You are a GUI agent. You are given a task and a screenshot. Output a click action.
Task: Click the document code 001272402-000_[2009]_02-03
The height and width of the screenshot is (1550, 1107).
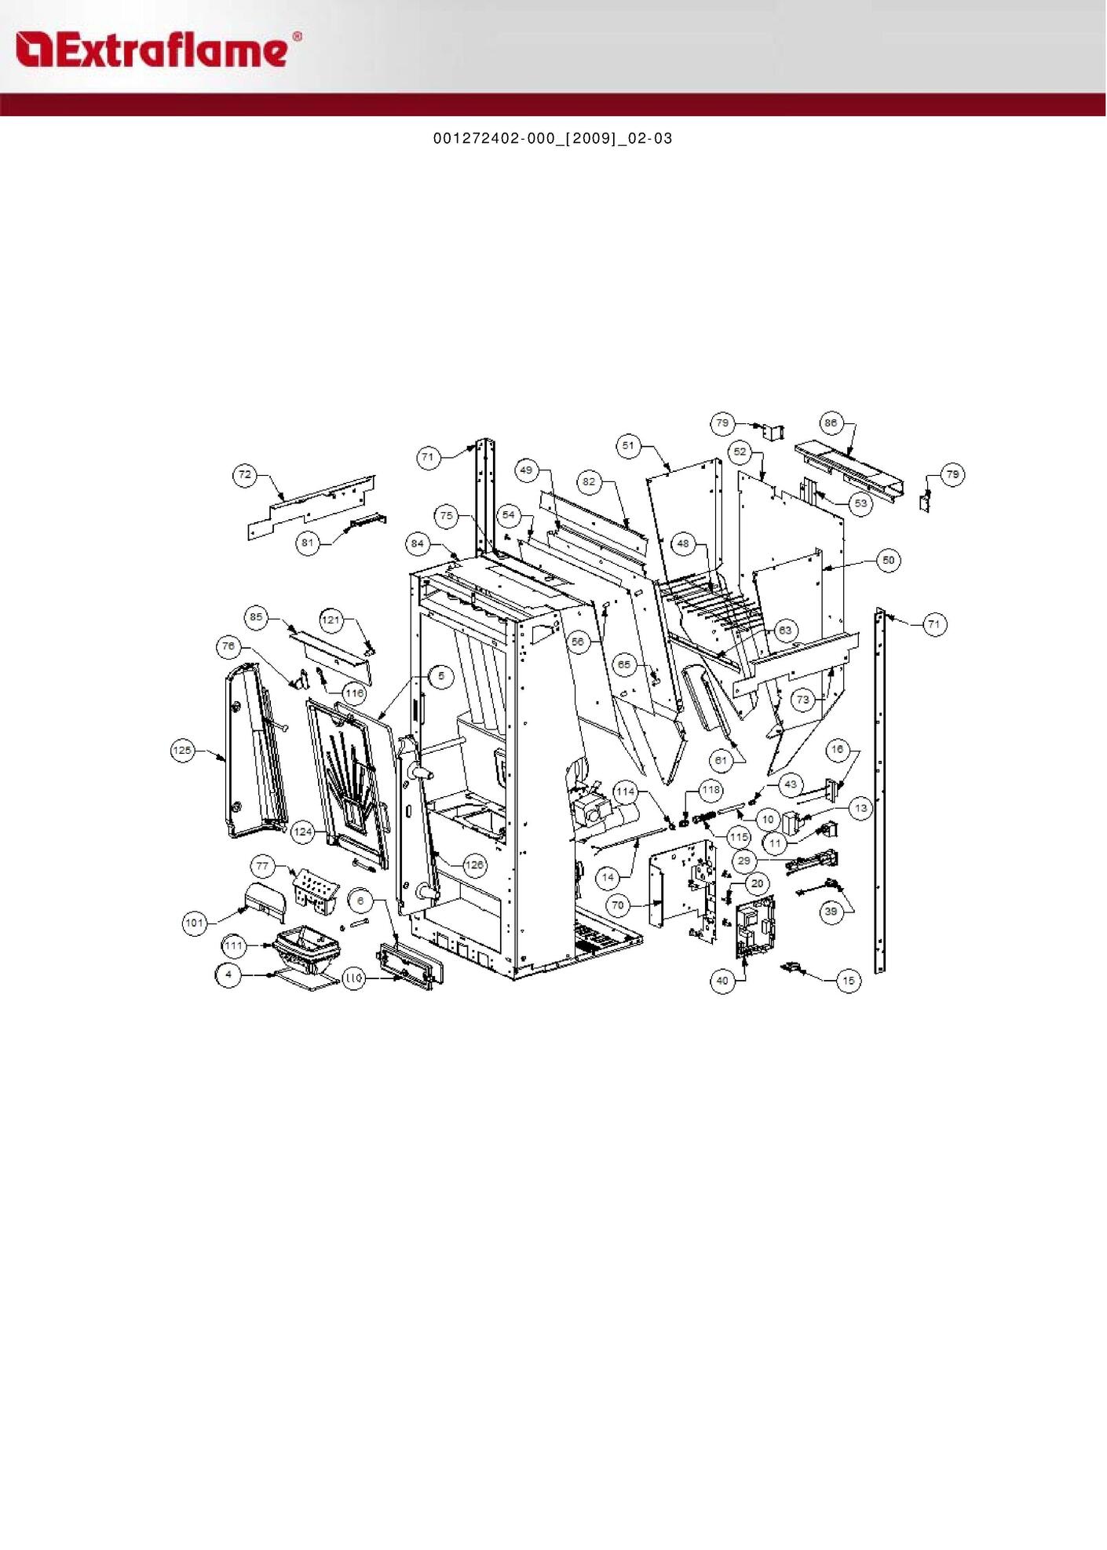[x=553, y=138]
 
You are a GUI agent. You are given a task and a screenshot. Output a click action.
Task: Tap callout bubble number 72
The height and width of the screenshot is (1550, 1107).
[x=245, y=474]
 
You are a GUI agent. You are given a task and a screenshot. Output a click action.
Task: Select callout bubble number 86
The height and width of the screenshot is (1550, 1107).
[x=831, y=422]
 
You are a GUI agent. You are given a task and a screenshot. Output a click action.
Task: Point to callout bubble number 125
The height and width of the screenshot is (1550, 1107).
[x=182, y=751]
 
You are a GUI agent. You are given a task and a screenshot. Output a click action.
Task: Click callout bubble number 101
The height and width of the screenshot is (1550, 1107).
[x=195, y=923]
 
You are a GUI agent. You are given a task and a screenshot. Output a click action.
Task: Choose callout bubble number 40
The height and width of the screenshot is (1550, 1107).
[x=722, y=980]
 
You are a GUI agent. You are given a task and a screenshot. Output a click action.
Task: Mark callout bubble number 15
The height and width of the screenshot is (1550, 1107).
[x=849, y=980]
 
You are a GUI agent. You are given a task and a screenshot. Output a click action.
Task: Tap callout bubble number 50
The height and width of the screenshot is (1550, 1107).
[x=888, y=561]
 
